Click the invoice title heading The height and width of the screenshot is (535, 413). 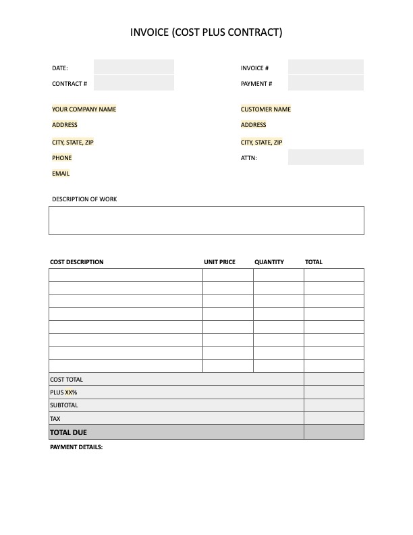tap(206, 32)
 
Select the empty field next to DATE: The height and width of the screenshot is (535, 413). tap(134, 68)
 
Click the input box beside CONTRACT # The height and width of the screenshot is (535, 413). tap(134, 84)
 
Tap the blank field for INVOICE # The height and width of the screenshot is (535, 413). tap(325, 68)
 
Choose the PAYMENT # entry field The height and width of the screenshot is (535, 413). tap(325, 84)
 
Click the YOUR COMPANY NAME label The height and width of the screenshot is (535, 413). tap(84, 109)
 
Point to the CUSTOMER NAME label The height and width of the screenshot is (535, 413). tap(266, 109)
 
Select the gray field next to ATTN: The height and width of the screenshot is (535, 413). tap(325, 157)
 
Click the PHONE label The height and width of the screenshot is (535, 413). tap(62, 158)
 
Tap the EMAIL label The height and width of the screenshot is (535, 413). tap(61, 174)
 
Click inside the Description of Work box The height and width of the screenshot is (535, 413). tap(206, 220)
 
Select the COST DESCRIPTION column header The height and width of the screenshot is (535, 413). tap(77, 262)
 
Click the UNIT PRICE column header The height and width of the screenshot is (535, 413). tap(219, 262)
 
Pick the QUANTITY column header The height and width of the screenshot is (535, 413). tap(269, 262)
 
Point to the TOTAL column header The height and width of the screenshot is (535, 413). tap(314, 262)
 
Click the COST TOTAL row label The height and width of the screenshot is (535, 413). tap(67, 380)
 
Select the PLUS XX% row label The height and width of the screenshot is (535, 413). tap(63, 392)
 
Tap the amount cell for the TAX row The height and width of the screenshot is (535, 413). tap(333, 419)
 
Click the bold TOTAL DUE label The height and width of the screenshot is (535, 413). tap(68, 432)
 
